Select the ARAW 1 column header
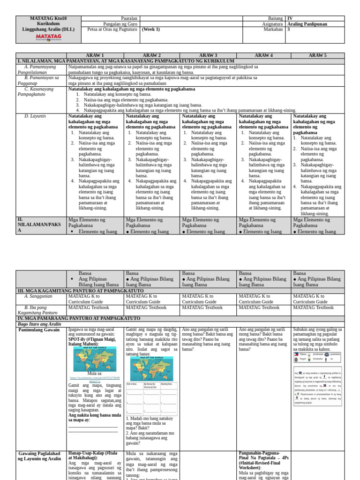pyautogui.click(x=96, y=55)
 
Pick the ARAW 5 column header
pyautogui.click(x=317, y=55)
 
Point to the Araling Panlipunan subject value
pyautogui.click(x=307, y=24)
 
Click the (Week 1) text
pyautogui.click(x=150, y=29)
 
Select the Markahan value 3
pyautogui.click(x=288, y=29)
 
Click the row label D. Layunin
pyautogui.click(x=35, y=116)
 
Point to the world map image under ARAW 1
pyautogui.click(x=95, y=359)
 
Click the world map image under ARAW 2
pyautogui.click(x=151, y=368)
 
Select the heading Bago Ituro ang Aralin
pyautogui.click(x=40, y=324)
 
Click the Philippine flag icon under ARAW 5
pyautogui.click(x=296, y=354)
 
